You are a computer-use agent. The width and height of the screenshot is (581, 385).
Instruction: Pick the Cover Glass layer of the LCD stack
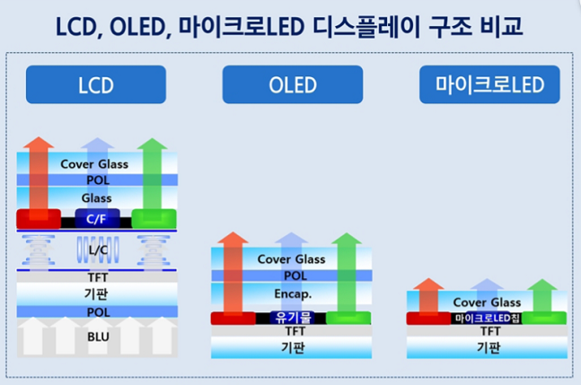pos(95,164)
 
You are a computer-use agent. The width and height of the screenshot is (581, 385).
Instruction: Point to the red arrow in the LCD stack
pos(38,179)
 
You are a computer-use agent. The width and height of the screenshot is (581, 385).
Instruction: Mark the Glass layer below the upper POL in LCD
pos(95,198)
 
